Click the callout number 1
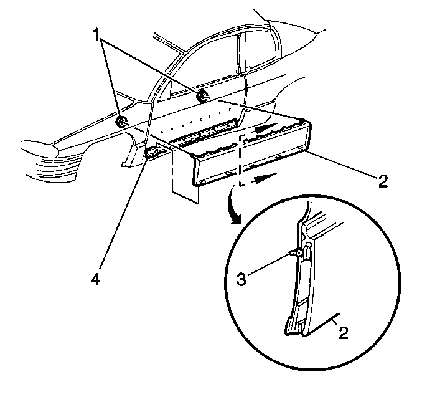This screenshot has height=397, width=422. (x=96, y=35)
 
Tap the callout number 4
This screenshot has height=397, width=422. (x=96, y=279)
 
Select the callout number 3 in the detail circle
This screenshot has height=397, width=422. (x=241, y=279)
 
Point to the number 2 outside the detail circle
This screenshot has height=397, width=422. (x=383, y=181)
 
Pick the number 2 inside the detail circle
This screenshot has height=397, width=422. (x=344, y=333)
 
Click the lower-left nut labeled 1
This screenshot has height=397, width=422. (x=121, y=122)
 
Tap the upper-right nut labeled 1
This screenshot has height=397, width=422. (x=202, y=96)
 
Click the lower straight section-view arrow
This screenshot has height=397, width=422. (x=265, y=178)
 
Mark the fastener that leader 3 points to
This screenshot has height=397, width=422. (x=296, y=252)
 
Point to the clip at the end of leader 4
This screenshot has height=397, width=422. (x=151, y=153)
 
